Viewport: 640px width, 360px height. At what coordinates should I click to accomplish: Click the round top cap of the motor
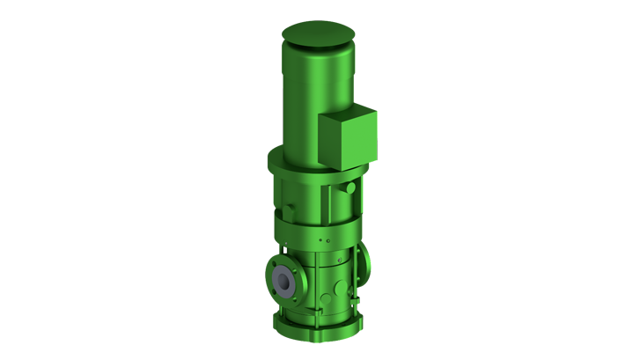point(318,33)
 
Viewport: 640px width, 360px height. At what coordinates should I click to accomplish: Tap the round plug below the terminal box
point(351,188)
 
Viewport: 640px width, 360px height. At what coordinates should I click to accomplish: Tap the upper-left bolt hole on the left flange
point(275,264)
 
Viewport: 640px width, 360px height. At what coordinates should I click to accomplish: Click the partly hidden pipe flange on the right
point(364,262)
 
